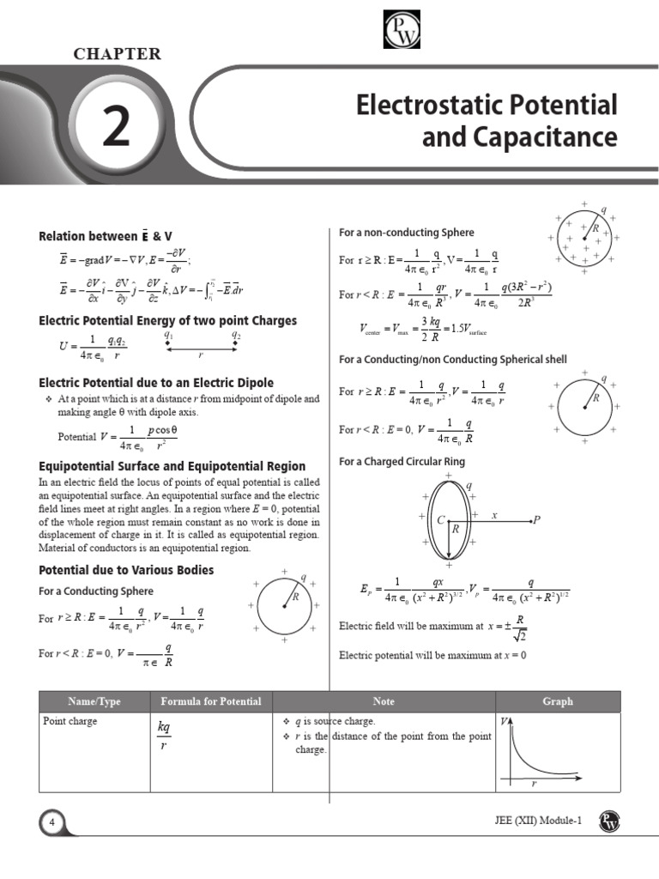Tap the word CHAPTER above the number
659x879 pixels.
(x=117, y=54)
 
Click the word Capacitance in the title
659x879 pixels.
(x=519, y=137)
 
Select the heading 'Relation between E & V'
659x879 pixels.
(x=112, y=236)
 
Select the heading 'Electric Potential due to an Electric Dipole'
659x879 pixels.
(x=156, y=382)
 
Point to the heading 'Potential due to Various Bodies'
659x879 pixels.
(x=127, y=570)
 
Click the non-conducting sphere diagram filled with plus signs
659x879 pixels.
(x=583, y=237)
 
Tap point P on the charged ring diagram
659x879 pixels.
(x=536, y=519)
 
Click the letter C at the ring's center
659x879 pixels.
(x=440, y=519)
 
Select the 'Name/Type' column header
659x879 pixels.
(x=94, y=701)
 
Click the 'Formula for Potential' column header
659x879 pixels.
(x=211, y=701)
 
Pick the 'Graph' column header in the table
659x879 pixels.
(x=557, y=701)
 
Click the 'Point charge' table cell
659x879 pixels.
(x=70, y=721)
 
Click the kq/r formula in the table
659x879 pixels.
(x=164, y=737)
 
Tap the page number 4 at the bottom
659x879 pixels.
(x=51, y=823)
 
